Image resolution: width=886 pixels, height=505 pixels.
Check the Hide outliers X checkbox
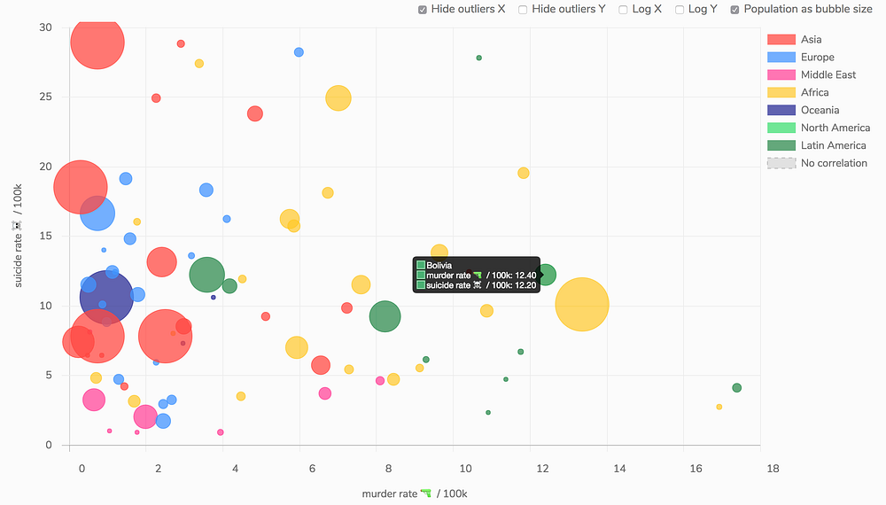coord(423,10)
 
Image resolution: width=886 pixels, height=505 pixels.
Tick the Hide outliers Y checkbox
coord(523,10)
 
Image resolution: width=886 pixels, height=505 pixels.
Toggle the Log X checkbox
coord(624,10)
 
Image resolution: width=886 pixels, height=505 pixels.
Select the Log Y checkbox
coord(680,10)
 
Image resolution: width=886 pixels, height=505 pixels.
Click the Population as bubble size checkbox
coord(735,10)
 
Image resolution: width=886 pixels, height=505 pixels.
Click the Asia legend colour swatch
coord(781,39)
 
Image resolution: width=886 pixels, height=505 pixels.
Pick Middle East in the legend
coord(828,74)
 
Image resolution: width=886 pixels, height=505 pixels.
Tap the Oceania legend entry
coord(820,110)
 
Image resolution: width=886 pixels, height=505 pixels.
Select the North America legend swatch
coord(781,128)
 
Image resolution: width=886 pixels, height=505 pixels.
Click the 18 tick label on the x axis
coord(773,468)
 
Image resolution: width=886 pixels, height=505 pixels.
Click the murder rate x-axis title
coord(414,493)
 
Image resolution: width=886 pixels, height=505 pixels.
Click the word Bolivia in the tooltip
coord(439,265)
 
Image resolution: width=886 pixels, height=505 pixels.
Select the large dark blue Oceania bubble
coord(106,296)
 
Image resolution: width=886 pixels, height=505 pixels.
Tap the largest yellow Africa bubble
coord(582,304)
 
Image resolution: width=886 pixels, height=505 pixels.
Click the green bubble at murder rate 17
coord(736,388)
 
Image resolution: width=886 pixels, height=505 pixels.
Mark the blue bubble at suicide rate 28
coord(299,52)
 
